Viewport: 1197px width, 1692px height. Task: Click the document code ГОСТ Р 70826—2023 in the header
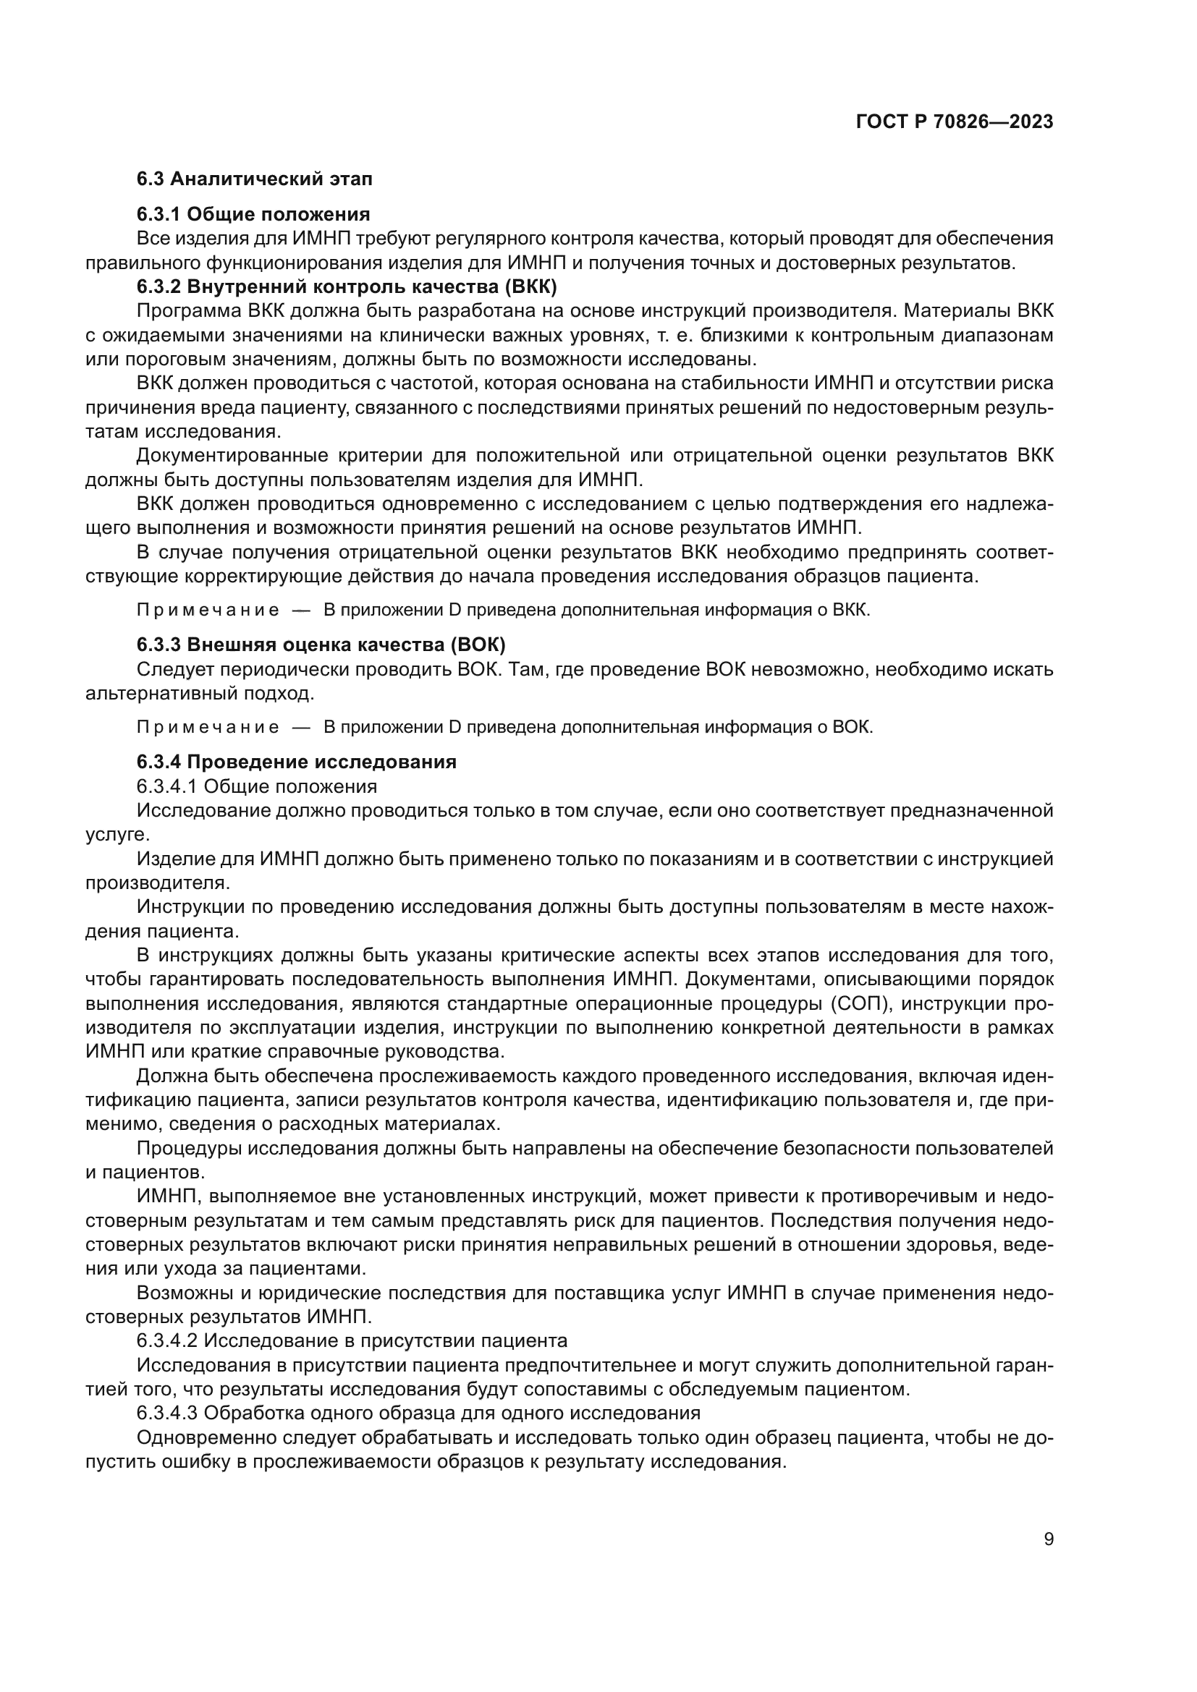pyautogui.click(x=955, y=122)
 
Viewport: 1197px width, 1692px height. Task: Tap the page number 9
pyautogui.click(x=1048, y=1539)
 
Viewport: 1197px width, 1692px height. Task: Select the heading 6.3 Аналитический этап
pyautogui.click(x=254, y=179)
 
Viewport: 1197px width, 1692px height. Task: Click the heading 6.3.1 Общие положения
pyautogui.click(x=253, y=214)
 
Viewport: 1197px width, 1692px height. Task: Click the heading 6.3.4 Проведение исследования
pyautogui.click(x=296, y=762)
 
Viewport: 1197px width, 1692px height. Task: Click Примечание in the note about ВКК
pyautogui.click(x=208, y=611)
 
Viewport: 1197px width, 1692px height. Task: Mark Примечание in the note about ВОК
pyautogui.click(x=208, y=727)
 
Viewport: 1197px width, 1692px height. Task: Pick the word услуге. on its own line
pyautogui.click(x=108, y=834)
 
